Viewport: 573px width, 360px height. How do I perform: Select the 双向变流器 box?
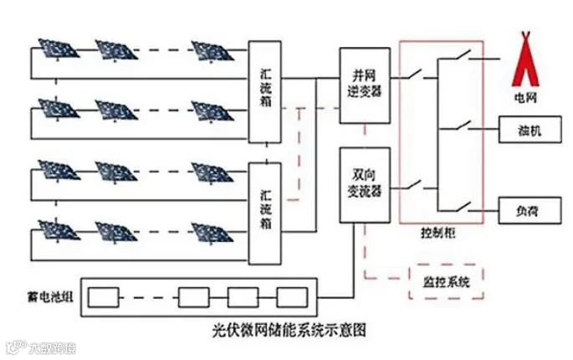click(x=363, y=185)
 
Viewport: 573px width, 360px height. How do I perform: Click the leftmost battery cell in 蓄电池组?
click(x=105, y=297)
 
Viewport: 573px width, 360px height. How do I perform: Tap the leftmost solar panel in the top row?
click(x=57, y=49)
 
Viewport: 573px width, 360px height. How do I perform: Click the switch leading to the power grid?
click(x=459, y=59)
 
